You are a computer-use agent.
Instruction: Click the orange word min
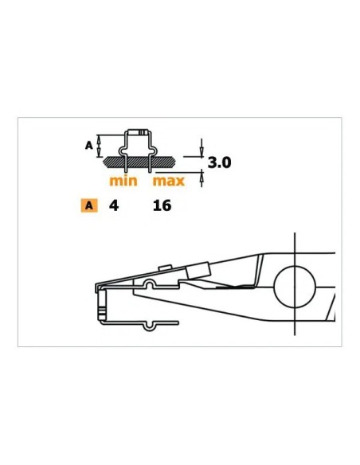(x=123, y=181)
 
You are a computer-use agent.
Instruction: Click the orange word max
(x=168, y=181)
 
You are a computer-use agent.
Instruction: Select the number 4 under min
(x=114, y=205)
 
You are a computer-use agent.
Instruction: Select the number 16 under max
(x=162, y=205)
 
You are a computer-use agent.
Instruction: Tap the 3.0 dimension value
(x=219, y=162)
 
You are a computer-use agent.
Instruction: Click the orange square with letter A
(x=89, y=205)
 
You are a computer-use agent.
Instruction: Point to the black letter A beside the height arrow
(x=89, y=146)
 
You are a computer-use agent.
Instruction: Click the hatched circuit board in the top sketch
(x=139, y=162)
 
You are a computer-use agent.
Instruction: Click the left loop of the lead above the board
(x=123, y=151)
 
